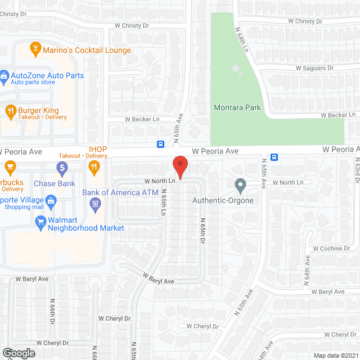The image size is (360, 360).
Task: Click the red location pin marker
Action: tap(179, 166)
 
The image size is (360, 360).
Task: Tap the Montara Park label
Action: tap(237, 107)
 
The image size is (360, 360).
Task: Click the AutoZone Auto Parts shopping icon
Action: tap(4, 75)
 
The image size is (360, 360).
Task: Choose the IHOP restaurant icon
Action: tap(94, 166)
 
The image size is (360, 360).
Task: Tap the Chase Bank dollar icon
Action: tap(62, 167)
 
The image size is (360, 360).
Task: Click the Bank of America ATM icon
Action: tap(94, 203)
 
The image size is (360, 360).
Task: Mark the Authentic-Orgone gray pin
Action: tap(240, 185)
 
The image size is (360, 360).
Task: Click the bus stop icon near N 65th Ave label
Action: tap(160, 144)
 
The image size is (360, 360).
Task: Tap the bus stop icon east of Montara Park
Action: tap(274, 157)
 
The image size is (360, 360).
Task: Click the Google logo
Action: tap(19, 353)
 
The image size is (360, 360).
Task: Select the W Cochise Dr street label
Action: tap(331, 248)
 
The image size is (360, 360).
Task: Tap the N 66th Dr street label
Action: tap(52, 312)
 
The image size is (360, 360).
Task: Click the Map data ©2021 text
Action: tap(335, 355)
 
